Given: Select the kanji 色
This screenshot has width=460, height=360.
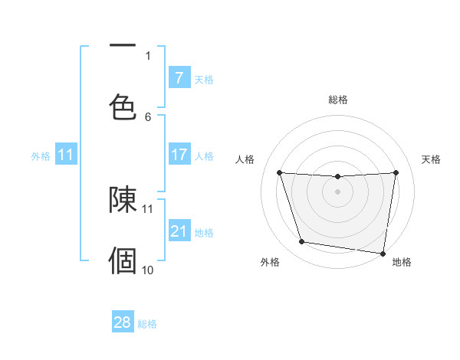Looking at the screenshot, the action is tap(123, 106).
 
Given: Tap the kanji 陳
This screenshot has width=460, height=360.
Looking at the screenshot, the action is tap(123, 200).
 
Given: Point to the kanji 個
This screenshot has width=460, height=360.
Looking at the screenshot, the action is tap(123, 260).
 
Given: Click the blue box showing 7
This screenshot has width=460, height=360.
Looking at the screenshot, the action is tap(179, 77).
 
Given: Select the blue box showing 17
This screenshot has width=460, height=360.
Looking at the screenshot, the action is tap(179, 154).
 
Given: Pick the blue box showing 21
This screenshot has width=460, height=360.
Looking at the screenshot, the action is tap(179, 231).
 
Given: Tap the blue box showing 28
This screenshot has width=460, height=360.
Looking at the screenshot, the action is tap(123, 322).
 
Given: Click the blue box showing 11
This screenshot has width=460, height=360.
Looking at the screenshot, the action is tap(66, 154).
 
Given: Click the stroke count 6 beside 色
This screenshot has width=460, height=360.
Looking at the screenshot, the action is tap(149, 116).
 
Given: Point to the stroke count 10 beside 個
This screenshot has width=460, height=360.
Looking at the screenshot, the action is tap(148, 270).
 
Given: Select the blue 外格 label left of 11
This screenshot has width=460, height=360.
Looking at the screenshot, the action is tap(41, 155).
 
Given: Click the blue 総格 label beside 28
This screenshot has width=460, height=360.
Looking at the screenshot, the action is tap(147, 324).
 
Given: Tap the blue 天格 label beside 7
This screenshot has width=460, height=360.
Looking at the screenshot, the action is tap(204, 79).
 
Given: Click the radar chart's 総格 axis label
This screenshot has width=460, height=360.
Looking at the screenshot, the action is tap(337, 100).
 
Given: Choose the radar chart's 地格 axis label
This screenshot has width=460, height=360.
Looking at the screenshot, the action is tap(402, 262).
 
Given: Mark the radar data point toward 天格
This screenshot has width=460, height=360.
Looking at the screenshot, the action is tap(396, 172).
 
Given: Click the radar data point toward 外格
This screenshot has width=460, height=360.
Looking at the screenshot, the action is tap(302, 242).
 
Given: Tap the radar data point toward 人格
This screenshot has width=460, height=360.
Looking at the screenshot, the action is tap(280, 173).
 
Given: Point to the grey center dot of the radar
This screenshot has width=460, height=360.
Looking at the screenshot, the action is tap(337, 191).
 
